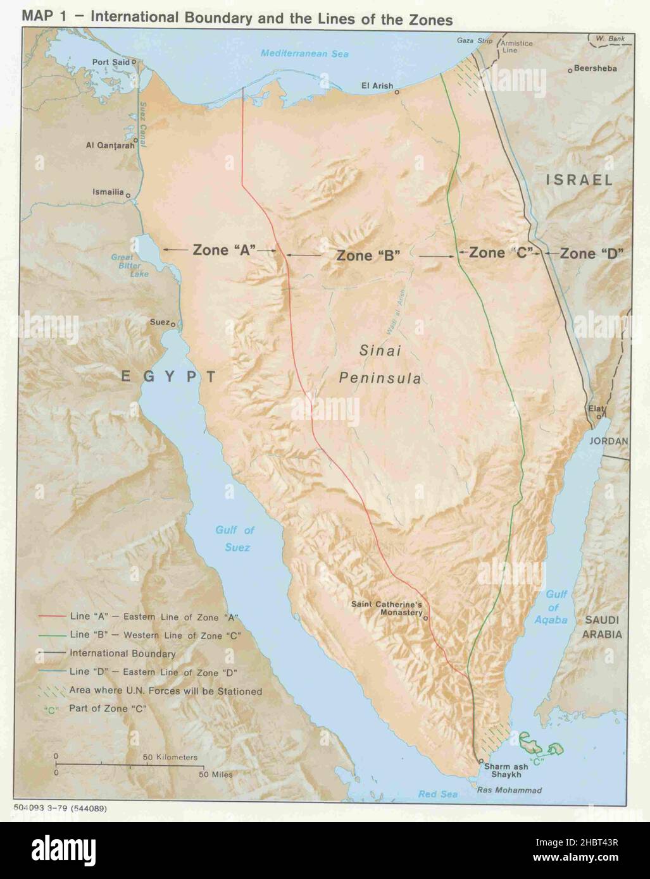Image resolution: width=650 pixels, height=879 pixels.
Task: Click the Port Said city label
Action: tap(110, 62)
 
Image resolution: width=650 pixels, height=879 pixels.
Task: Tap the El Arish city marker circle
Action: tap(397, 92)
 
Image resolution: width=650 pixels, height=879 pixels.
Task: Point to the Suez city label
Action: tap(158, 322)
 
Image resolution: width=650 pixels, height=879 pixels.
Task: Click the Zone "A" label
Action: tap(219, 250)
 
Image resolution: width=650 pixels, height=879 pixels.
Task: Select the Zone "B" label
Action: tap(369, 256)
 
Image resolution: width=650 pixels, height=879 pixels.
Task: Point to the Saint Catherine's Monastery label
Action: tap(387, 608)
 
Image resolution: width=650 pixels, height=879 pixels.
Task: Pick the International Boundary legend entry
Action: tap(123, 653)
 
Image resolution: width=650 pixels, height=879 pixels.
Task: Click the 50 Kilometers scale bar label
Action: tap(169, 757)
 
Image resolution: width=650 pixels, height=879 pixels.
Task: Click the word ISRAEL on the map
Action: tap(579, 180)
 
